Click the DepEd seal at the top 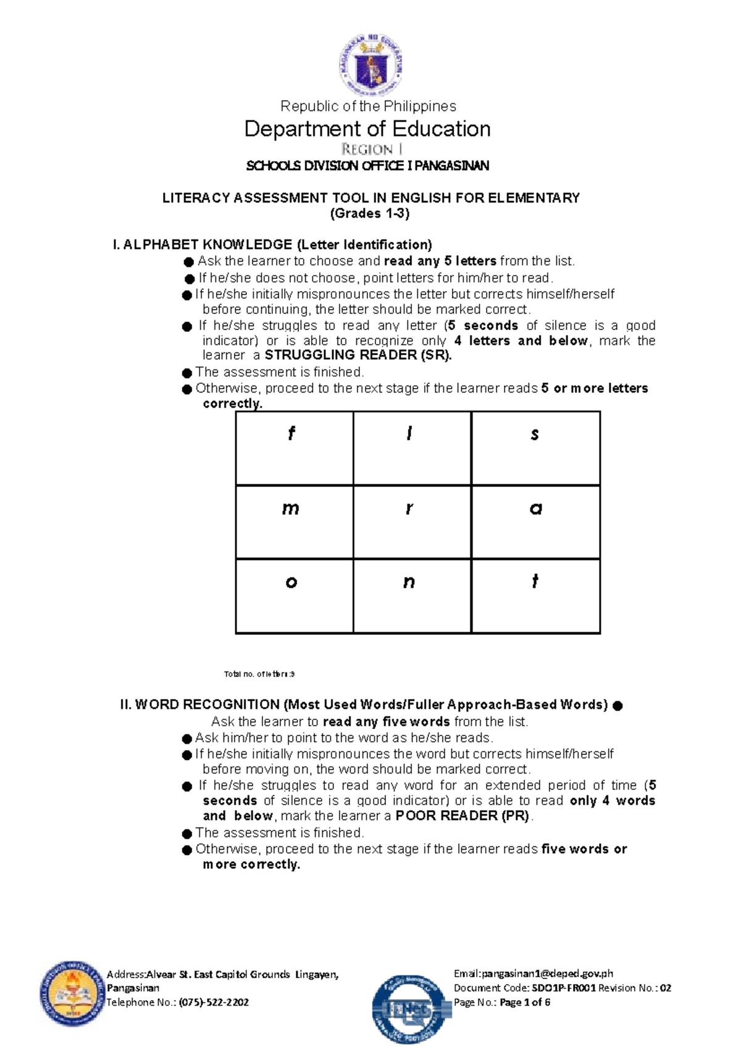click(x=371, y=65)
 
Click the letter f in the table click(x=291, y=434)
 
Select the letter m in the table click(x=290, y=508)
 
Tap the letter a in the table click(x=535, y=508)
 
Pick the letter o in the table click(x=291, y=582)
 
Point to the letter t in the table click(x=535, y=581)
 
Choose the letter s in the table click(x=535, y=434)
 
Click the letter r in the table click(x=409, y=508)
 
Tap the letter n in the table click(x=409, y=582)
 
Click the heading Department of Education click(x=367, y=129)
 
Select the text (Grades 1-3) click(x=370, y=213)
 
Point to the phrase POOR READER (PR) click(x=463, y=816)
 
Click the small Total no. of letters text click(x=259, y=674)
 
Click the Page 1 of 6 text click(x=524, y=1002)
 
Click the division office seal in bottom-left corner click(x=71, y=993)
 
